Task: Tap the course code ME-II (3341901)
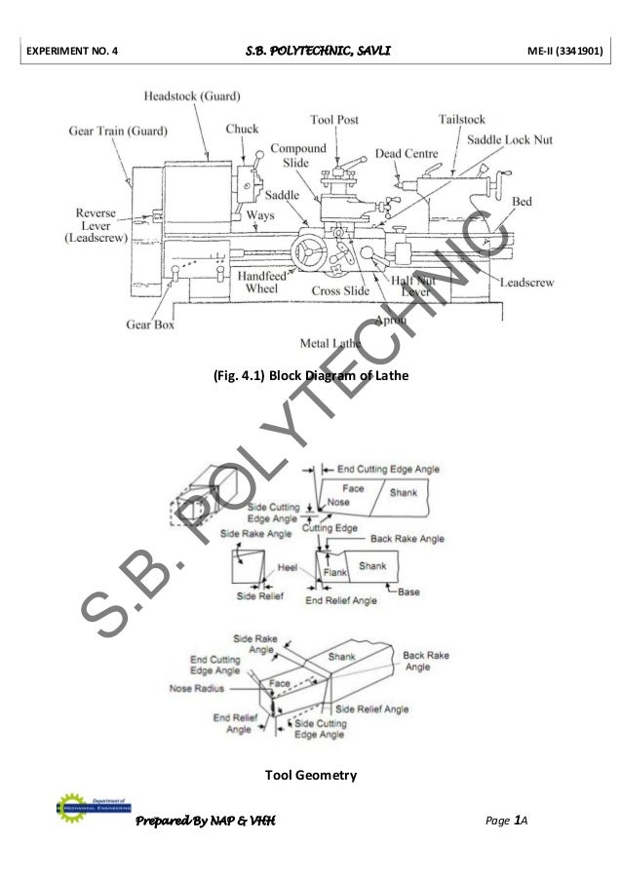(556, 46)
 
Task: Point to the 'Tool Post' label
(334, 120)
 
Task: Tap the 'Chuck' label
(243, 129)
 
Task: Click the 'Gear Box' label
(148, 325)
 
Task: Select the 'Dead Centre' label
(408, 154)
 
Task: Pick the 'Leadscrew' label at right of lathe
(527, 283)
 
